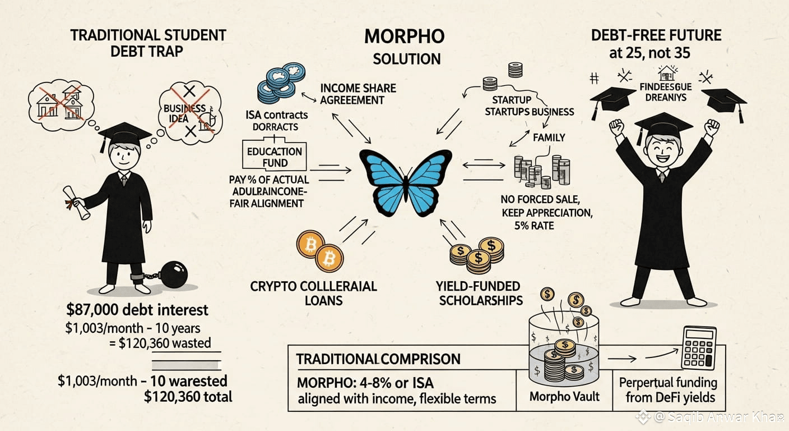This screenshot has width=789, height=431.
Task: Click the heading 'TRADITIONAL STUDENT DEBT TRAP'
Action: pos(148,43)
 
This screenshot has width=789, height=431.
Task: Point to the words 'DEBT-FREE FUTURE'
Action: pos(656,35)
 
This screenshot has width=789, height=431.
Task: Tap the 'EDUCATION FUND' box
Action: pos(275,157)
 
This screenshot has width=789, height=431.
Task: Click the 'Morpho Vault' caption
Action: pos(564,396)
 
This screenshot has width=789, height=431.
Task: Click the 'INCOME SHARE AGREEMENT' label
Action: pos(358,94)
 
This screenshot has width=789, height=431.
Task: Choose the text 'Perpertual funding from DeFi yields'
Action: pos(668,391)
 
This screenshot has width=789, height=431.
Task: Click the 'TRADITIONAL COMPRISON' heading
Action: pos(378,359)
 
